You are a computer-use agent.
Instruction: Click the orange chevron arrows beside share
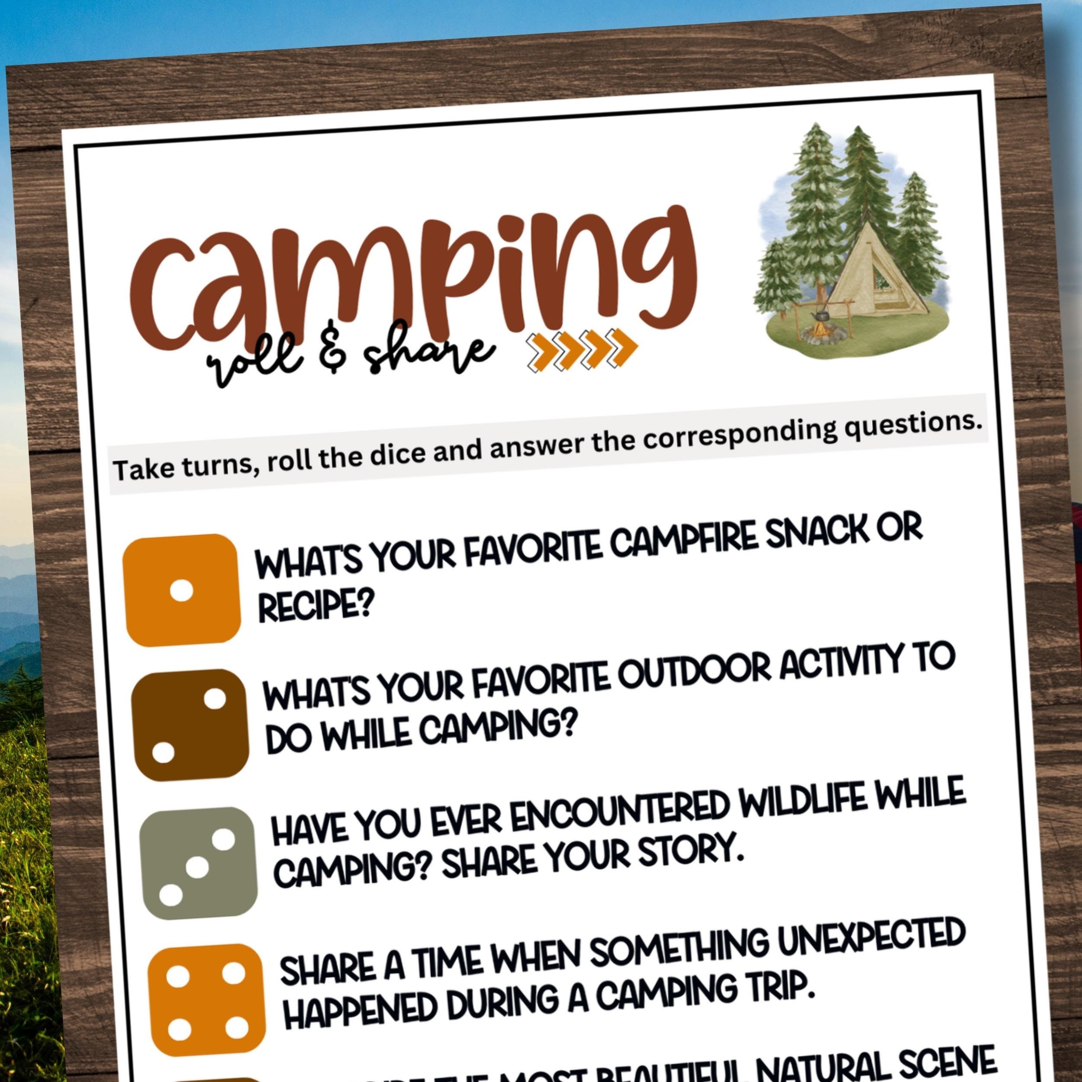(583, 349)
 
